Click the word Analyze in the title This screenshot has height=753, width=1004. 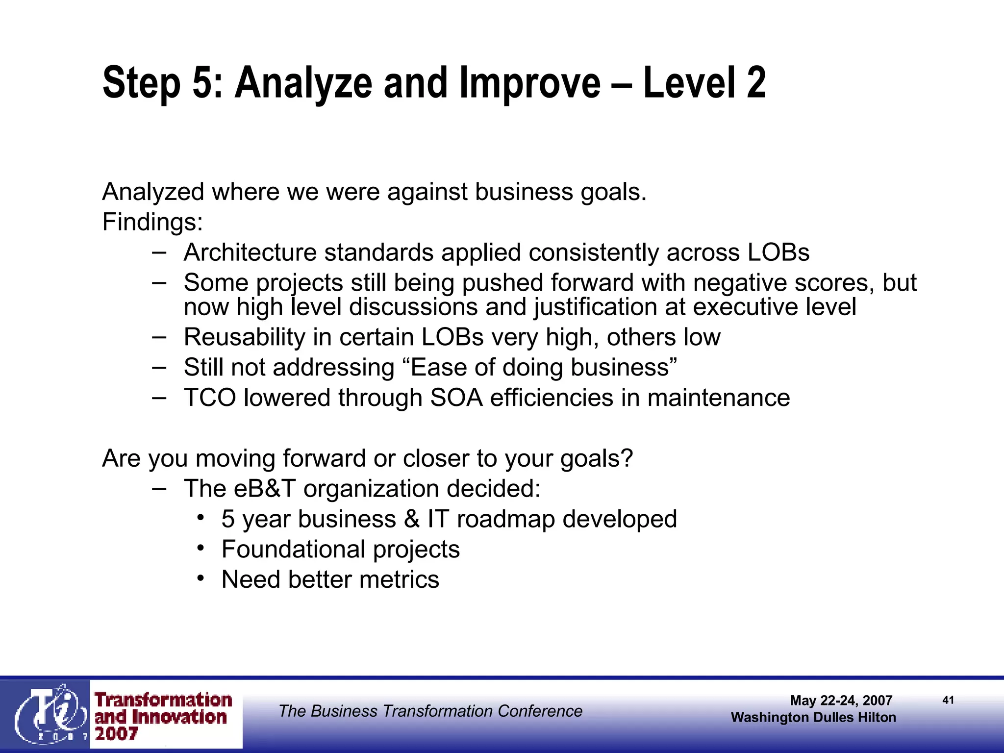click(x=303, y=83)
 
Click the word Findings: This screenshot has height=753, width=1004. click(x=152, y=222)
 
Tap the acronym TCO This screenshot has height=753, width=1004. click(x=210, y=398)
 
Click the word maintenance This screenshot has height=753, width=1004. click(x=718, y=398)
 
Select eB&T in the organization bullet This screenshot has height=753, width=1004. click(x=265, y=489)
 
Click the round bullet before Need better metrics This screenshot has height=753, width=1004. click(x=201, y=578)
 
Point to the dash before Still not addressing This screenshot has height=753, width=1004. click(x=159, y=367)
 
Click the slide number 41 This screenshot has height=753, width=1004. click(x=948, y=700)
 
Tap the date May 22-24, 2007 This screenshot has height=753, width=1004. click(x=841, y=701)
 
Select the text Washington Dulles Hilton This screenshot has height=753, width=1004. click(x=813, y=717)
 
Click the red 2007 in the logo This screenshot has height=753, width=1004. click(x=117, y=734)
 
